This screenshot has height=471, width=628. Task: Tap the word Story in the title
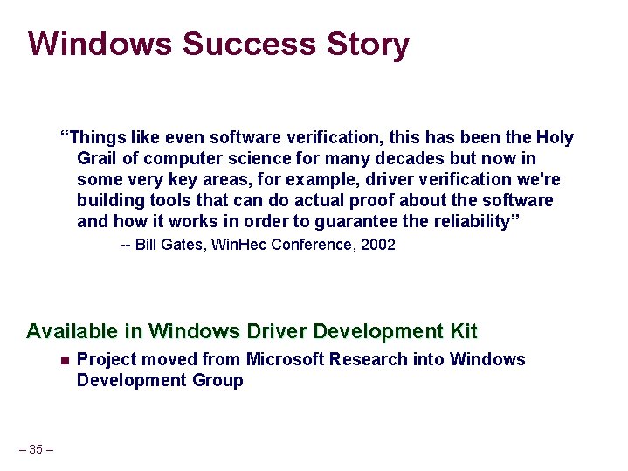click(367, 44)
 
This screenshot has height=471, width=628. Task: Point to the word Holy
click(556, 137)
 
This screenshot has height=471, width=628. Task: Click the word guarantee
click(355, 221)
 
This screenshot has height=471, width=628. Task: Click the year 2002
click(377, 245)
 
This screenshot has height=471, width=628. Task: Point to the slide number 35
click(36, 449)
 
